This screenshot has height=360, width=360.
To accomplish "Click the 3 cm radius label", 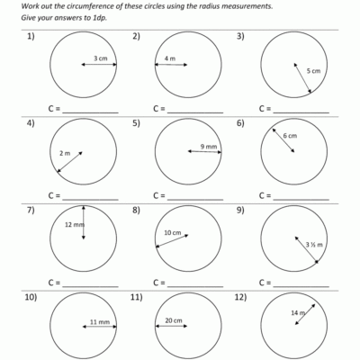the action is pos(101,60).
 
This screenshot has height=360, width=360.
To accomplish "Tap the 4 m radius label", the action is pos(170,59).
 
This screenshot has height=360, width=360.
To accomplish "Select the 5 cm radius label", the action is pos(313,70).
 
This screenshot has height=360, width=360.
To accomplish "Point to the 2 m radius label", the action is pos(64,153).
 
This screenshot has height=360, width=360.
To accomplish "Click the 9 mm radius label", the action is pos(209,146).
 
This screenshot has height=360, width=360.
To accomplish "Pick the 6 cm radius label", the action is pos(290,136).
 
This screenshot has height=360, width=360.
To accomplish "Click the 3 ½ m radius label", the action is pos(314,244).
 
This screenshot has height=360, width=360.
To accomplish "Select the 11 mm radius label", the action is pos(99,321).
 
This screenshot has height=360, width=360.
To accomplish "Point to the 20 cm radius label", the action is pos(174,320).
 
